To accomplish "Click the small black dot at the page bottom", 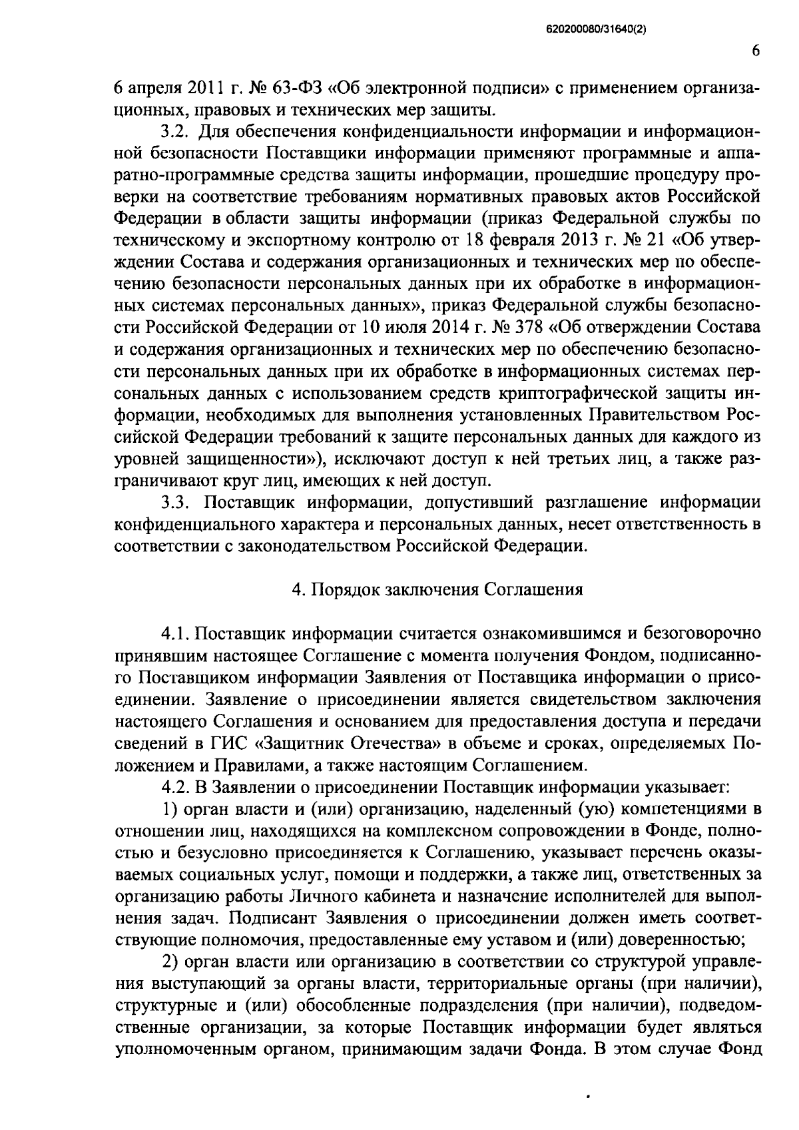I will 587,1095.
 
